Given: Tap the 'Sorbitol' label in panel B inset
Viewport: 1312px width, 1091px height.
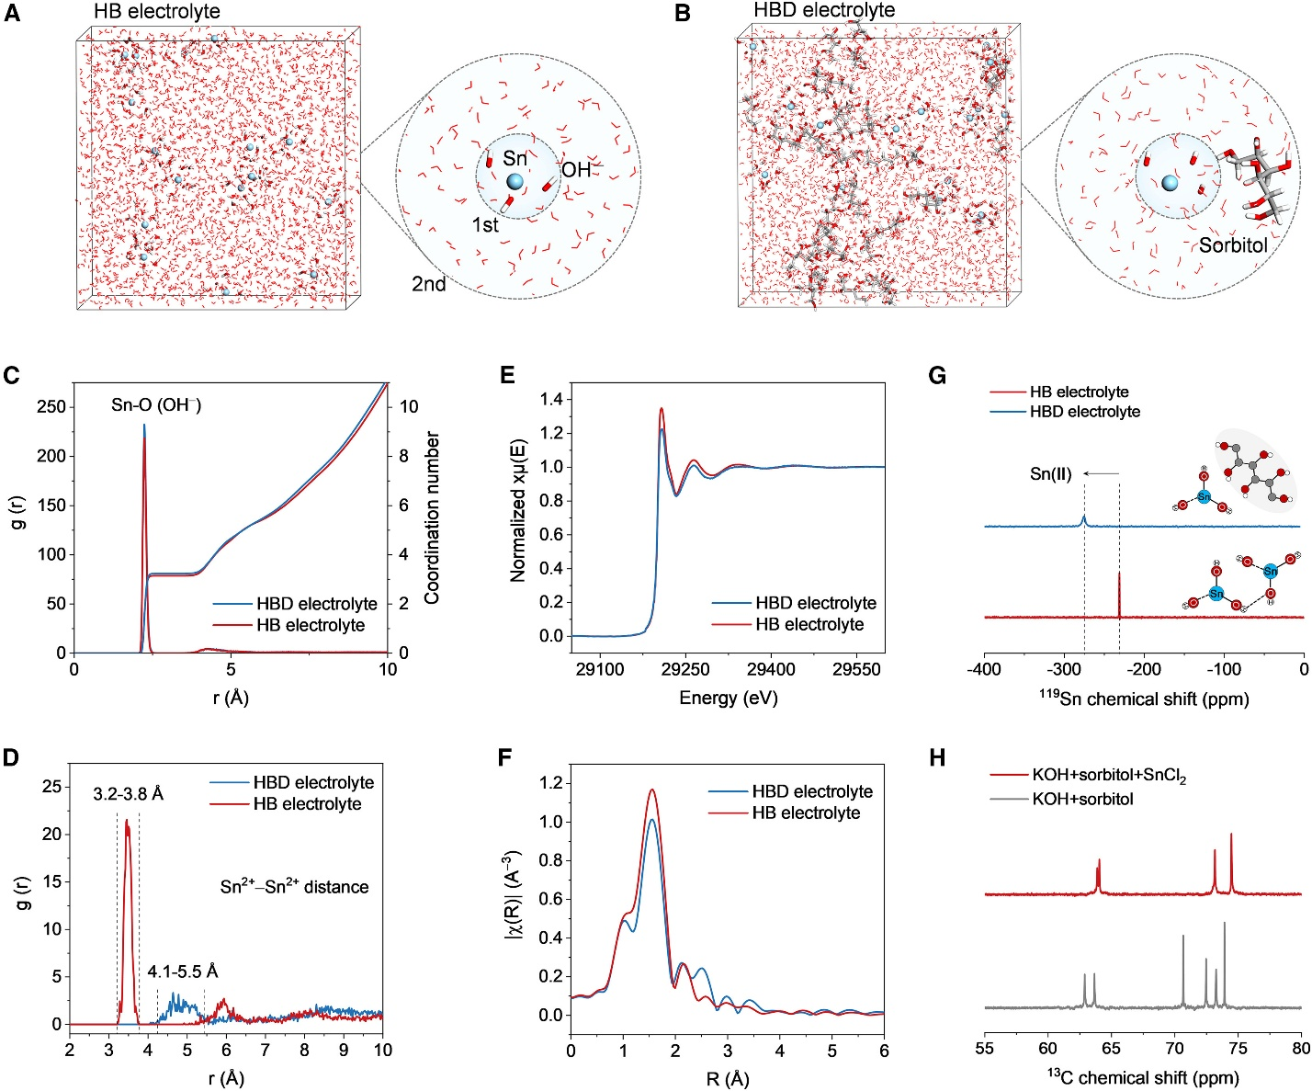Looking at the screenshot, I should (x=1233, y=244).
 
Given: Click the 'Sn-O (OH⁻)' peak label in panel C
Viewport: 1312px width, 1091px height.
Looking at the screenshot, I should (x=156, y=405).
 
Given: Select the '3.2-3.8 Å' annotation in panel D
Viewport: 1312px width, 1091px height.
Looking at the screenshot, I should (x=128, y=794).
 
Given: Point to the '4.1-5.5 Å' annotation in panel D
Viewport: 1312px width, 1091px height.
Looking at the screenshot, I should (x=183, y=972).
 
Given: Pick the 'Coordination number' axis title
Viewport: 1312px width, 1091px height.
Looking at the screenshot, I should (x=433, y=517).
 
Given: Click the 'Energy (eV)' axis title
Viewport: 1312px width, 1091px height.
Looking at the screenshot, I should (x=728, y=699).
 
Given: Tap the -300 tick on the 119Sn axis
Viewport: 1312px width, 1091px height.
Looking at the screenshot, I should (x=1064, y=669).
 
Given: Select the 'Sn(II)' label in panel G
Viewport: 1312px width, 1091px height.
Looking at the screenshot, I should (x=1049, y=474).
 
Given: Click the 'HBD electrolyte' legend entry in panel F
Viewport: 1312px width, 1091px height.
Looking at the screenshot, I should (x=811, y=791).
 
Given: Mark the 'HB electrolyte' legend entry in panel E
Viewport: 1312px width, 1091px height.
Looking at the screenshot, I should (x=809, y=625).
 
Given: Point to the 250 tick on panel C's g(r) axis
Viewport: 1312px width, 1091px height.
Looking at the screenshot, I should (x=53, y=407).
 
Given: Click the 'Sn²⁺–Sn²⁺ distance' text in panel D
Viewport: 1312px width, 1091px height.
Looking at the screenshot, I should (x=294, y=887).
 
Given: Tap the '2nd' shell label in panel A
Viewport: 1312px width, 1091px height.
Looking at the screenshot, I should (x=429, y=284).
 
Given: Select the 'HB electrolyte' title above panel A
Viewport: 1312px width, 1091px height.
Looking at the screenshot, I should (x=157, y=12).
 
